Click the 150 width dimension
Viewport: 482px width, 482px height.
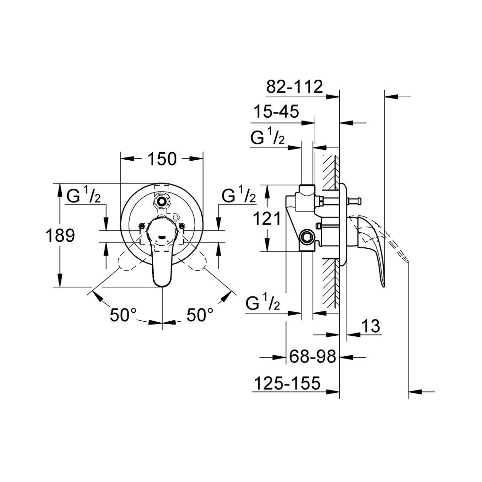[162, 159]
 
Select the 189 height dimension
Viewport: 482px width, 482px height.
[60, 235]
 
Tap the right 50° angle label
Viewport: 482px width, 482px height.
[200, 315]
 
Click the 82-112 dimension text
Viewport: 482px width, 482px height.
[294, 87]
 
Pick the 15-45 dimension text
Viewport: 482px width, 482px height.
[276, 112]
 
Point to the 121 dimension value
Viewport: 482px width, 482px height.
[267, 219]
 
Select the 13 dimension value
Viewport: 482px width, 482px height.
[370, 326]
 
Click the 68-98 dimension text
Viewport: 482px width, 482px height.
[313, 356]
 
